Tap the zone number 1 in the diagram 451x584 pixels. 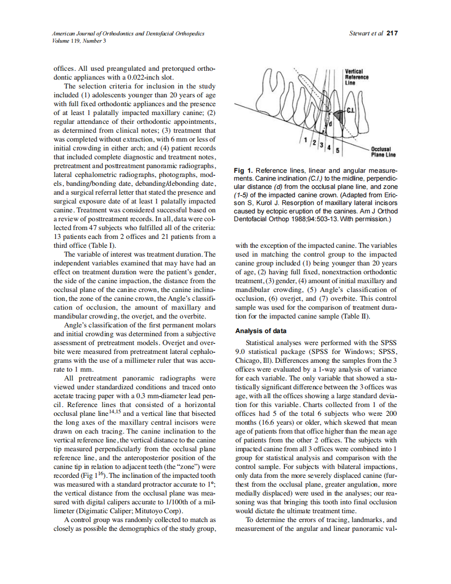[x=303, y=138]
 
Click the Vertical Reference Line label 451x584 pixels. [x=357, y=77]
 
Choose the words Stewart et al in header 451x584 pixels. [x=366, y=33]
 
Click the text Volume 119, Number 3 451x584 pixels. [x=79, y=41]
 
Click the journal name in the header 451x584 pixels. [x=128, y=33]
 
